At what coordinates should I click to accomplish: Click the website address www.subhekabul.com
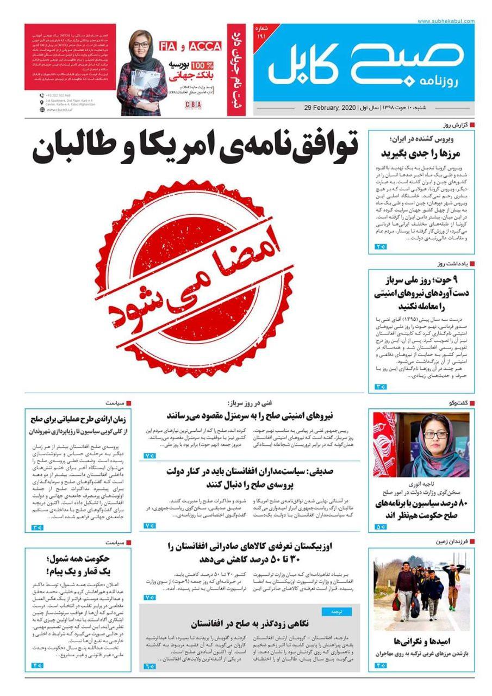[446, 21]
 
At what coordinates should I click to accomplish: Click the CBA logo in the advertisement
[193, 103]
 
